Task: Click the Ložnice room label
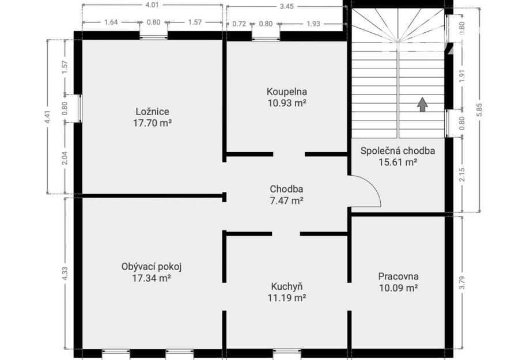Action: pyautogui.click(x=153, y=112)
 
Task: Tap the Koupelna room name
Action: pyautogui.click(x=287, y=92)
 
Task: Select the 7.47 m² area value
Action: pyautogui.click(x=286, y=200)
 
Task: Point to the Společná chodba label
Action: pyautogui.click(x=397, y=151)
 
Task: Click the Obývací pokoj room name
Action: pyautogui.click(x=152, y=267)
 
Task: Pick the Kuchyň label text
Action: pyautogui.click(x=287, y=287)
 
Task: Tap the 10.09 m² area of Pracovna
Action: pyautogui.click(x=398, y=288)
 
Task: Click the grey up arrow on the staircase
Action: pyautogui.click(x=422, y=104)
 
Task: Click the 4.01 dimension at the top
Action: pyautogui.click(x=152, y=5)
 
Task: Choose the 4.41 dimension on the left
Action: pyautogui.click(x=48, y=116)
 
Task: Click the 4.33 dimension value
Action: pyautogui.click(x=65, y=273)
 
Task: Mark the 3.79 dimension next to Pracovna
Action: pyautogui.click(x=462, y=282)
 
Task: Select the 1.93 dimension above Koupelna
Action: pyautogui.click(x=313, y=24)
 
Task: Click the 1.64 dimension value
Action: pyautogui.click(x=111, y=22)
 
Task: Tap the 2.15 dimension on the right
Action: pyautogui.click(x=462, y=175)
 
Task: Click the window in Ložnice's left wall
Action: pyautogui.click(x=80, y=109)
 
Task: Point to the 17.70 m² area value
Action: pyautogui.click(x=153, y=123)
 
